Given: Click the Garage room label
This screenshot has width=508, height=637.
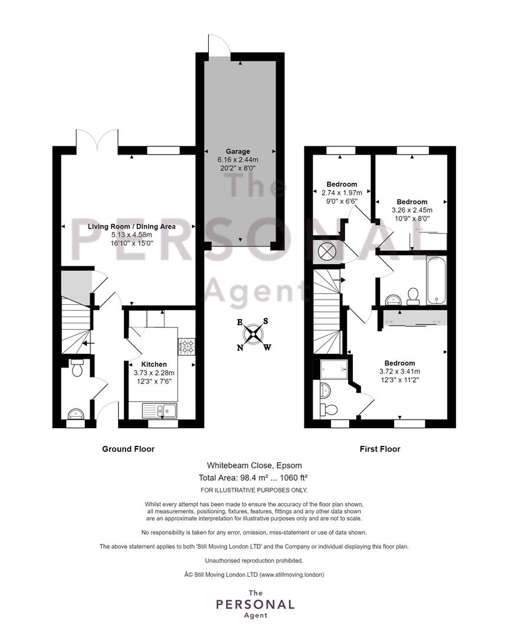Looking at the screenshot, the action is click(x=238, y=151).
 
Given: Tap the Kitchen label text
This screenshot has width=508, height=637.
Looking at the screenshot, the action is click(x=154, y=365).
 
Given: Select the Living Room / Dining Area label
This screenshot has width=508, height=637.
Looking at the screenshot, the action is click(x=132, y=226).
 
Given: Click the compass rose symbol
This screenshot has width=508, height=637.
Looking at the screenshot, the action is click(x=254, y=334).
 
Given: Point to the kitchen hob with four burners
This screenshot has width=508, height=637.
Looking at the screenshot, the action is click(x=186, y=346).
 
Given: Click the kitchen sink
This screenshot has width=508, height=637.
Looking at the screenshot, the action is click(x=160, y=411).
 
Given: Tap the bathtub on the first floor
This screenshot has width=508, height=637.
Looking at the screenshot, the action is click(x=436, y=280).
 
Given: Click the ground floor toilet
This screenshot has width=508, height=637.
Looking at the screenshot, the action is click(x=77, y=367).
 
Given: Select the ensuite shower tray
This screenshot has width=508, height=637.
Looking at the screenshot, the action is click(x=334, y=369).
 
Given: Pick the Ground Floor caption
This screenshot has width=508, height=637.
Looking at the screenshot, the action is click(x=129, y=449).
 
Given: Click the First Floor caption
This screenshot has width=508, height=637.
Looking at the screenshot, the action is click(x=380, y=449).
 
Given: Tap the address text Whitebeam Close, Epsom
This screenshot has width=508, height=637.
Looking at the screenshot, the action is click(x=254, y=465).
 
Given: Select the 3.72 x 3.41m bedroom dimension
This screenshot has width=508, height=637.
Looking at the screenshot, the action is click(x=400, y=372).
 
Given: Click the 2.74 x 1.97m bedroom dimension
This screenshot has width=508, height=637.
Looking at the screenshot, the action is click(x=342, y=193).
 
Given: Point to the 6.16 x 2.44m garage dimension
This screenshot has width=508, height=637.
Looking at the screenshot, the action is click(x=238, y=160).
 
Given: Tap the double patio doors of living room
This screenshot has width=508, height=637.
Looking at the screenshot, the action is click(x=97, y=139).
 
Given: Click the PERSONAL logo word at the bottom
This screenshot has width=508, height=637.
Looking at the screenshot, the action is click(x=255, y=605).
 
